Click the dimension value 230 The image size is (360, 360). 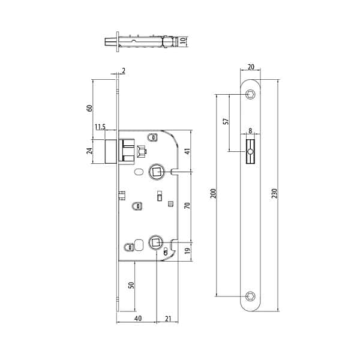[275, 193]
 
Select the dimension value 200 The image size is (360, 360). [214, 193]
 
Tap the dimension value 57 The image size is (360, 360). [226, 121]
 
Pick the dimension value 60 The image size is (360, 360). [90, 108]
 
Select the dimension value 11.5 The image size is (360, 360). [100, 127]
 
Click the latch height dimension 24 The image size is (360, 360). [90, 150]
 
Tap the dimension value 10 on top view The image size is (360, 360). [184, 42]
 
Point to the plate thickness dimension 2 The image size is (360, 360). [123, 71]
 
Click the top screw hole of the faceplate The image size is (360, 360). [250, 94]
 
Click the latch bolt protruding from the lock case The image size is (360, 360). [110, 151]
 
